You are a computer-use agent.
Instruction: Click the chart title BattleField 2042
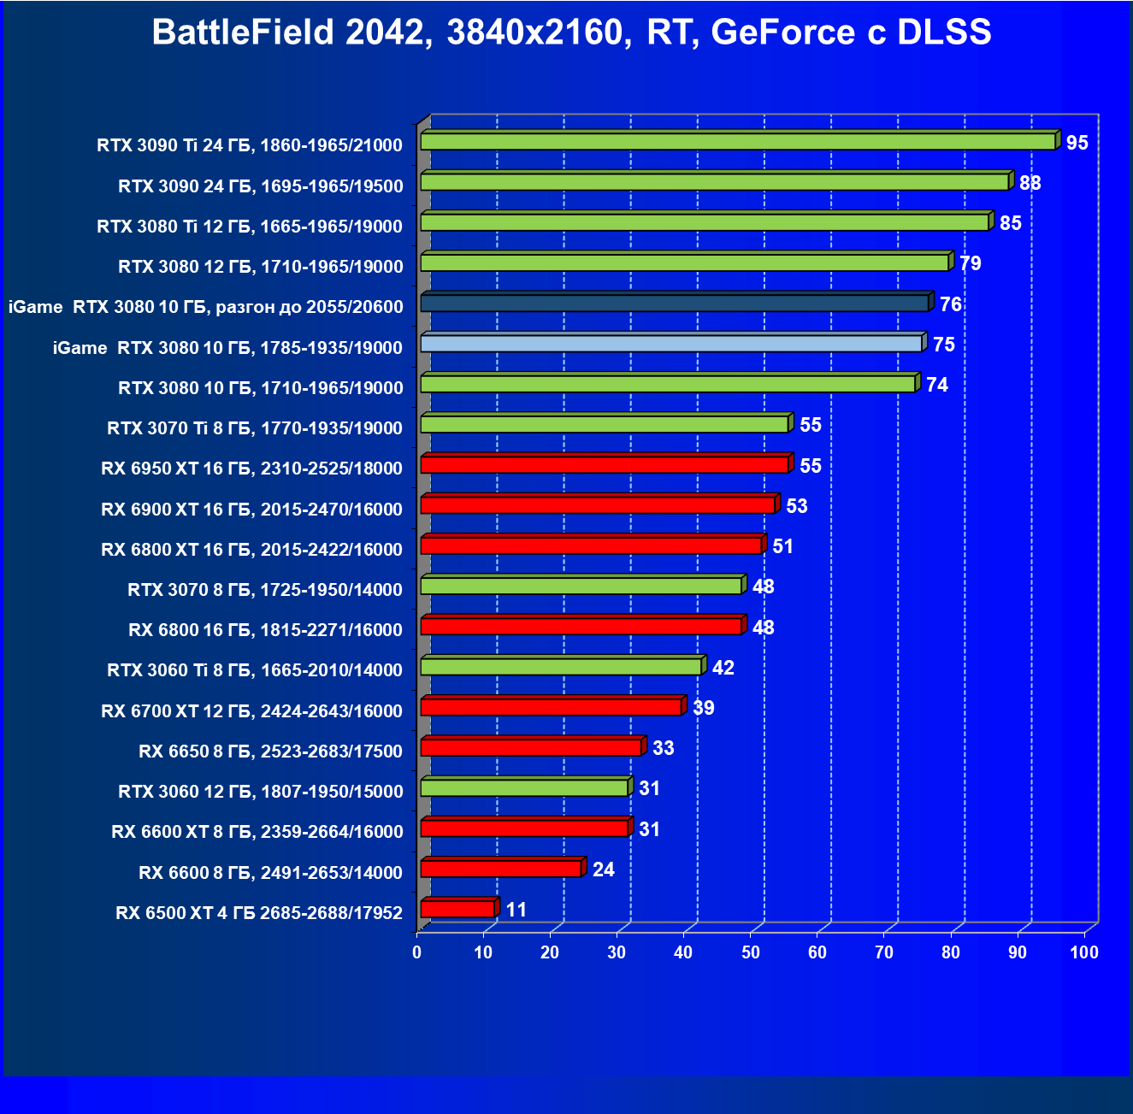pos(571,32)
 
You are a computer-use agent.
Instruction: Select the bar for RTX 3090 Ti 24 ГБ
pos(738,142)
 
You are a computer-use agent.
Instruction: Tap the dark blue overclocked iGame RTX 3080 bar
pos(674,304)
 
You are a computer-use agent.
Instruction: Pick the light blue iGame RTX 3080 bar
pos(671,344)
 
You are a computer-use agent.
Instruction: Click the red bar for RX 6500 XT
pos(457,909)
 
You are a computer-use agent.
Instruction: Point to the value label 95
pos(1077,143)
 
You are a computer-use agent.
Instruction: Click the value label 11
pos(516,910)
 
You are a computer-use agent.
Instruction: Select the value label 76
pos(950,304)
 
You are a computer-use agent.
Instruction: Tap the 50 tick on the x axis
pos(751,952)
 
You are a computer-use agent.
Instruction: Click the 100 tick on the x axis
pos(1084,952)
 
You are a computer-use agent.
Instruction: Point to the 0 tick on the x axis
pos(417,952)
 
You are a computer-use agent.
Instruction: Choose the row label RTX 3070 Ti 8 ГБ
pos(254,428)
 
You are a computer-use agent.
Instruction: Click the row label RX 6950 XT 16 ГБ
pos(251,469)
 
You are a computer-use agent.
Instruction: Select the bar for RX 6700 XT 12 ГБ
pos(551,707)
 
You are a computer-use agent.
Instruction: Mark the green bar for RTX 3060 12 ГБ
pos(524,788)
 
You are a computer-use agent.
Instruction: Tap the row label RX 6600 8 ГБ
pos(270,872)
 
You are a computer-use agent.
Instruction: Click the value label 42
pos(723,668)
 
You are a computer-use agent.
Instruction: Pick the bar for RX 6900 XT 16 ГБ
pos(598,505)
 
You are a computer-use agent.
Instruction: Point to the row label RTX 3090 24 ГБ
pos(260,186)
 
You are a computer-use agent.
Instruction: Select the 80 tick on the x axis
pos(951,952)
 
